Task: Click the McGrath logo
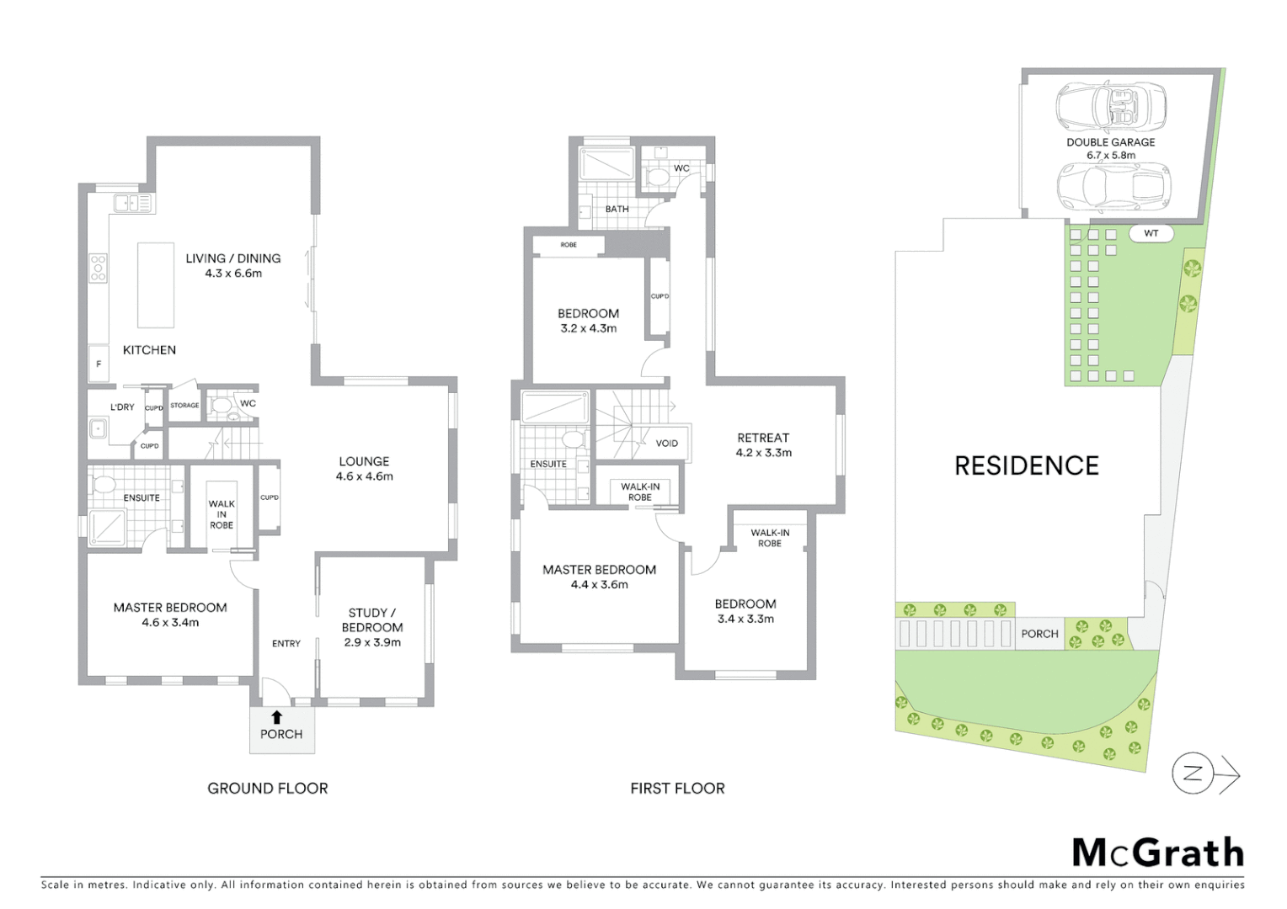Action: click(x=1157, y=853)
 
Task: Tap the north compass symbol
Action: click(x=1194, y=774)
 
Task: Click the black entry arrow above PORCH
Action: click(x=276, y=717)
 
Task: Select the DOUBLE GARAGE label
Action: click(x=1110, y=142)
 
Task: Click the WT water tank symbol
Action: click(x=1151, y=233)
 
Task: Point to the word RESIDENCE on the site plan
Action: click(x=1026, y=465)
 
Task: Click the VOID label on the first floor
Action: click(x=666, y=443)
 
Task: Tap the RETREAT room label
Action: click(x=763, y=438)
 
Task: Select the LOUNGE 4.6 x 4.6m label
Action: click(x=364, y=468)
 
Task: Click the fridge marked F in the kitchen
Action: click(x=99, y=364)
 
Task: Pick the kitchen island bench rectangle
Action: click(x=156, y=284)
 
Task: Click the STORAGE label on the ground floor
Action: click(x=184, y=406)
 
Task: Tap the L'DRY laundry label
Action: click(x=122, y=407)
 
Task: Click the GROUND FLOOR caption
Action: click(x=268, y=789)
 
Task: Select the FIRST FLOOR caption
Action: click(x=677, y=789)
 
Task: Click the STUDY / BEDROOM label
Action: click(x=372, y=619)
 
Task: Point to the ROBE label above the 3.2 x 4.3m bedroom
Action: click(x=569, y=245)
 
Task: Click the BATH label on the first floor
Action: click(x=617, y=209)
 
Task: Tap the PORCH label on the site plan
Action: click(x=1039, y=634)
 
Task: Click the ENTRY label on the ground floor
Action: click(x=286, y=643)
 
